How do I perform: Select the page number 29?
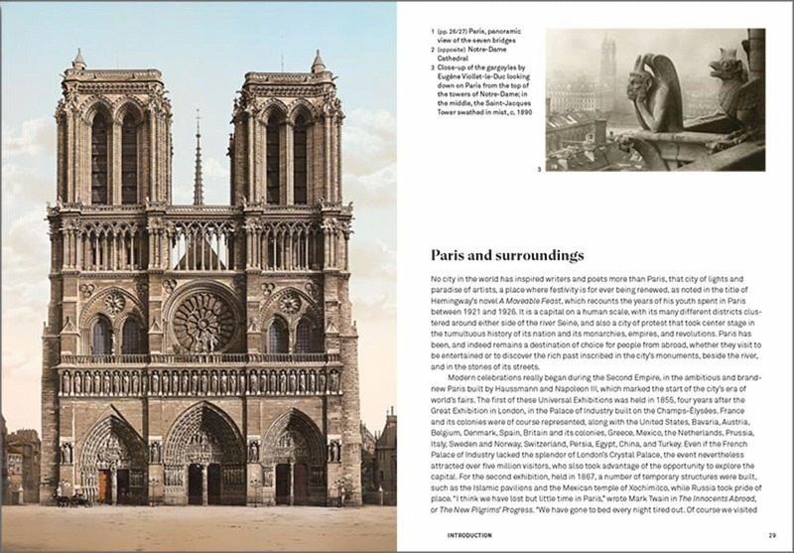coord(771,535)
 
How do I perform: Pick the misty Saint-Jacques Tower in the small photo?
coord(607,69)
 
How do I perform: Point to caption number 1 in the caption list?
coord(433,33)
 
